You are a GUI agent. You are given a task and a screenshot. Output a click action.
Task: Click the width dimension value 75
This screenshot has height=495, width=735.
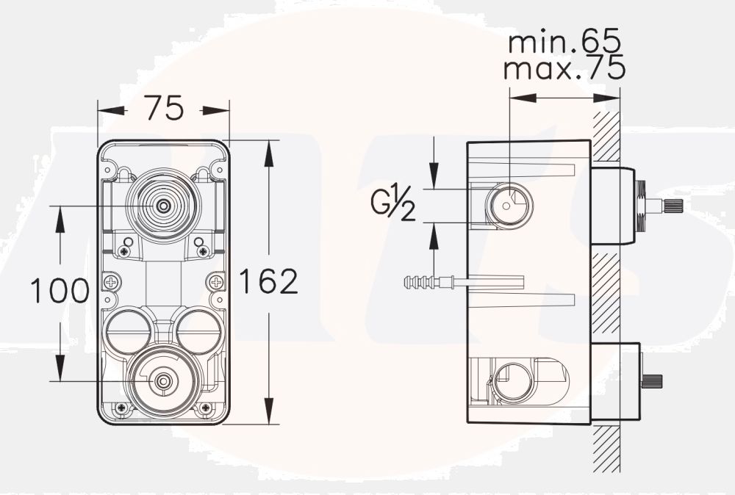163,109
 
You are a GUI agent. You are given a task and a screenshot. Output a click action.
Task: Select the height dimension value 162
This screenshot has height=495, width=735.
268,281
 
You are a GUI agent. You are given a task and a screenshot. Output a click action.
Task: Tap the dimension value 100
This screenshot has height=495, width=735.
60,291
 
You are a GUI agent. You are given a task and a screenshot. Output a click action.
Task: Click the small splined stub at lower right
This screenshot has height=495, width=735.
653,380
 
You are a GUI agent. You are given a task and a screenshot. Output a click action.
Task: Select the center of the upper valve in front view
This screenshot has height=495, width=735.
162,206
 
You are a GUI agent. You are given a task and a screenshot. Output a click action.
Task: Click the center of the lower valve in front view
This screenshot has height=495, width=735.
162,381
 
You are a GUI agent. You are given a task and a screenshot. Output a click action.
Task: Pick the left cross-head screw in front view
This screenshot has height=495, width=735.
112,281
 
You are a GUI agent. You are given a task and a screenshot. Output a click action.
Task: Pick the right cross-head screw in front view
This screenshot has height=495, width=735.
216,281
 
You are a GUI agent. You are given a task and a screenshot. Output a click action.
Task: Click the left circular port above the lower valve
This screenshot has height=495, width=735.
128,330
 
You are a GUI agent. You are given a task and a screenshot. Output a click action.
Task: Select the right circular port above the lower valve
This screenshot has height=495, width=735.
197,330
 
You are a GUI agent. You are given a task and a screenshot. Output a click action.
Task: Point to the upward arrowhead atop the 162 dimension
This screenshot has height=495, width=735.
269,148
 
